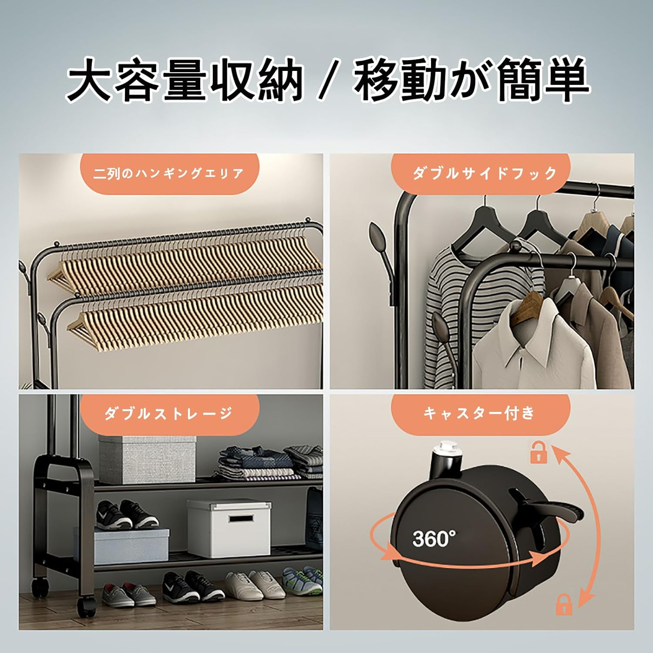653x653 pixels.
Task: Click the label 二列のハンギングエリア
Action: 168,173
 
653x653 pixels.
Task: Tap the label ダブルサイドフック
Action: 485,173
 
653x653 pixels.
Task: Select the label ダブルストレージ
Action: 168,413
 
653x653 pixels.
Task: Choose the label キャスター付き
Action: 479,413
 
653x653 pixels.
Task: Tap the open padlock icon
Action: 539,452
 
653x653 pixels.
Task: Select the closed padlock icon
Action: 564,604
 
